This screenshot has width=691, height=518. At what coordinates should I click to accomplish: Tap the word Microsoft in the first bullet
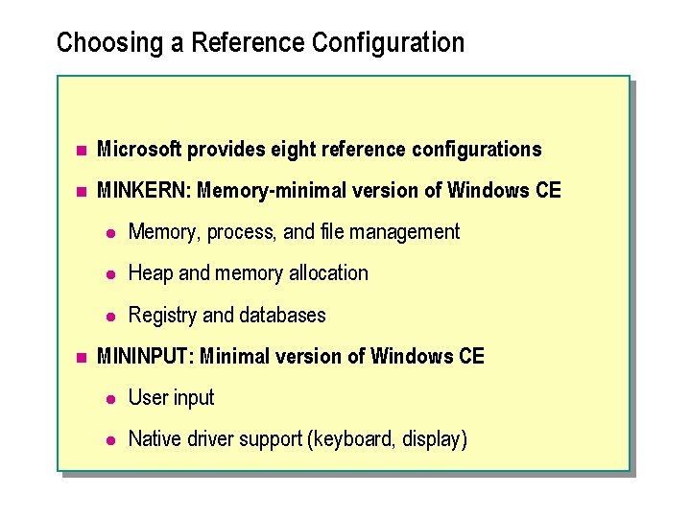[139, 150]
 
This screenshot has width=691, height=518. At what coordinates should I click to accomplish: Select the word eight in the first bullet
[259, 150]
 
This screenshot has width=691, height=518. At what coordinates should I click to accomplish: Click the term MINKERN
[144, 191]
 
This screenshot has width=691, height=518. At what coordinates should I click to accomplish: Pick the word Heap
[151, 273]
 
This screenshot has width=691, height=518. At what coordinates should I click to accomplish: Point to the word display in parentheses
[432, 439]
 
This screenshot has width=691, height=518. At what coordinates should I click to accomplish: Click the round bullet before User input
[111, 399]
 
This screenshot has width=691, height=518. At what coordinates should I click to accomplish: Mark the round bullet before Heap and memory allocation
[111, 274]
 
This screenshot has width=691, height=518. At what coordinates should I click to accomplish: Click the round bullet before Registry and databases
[111, 317]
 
